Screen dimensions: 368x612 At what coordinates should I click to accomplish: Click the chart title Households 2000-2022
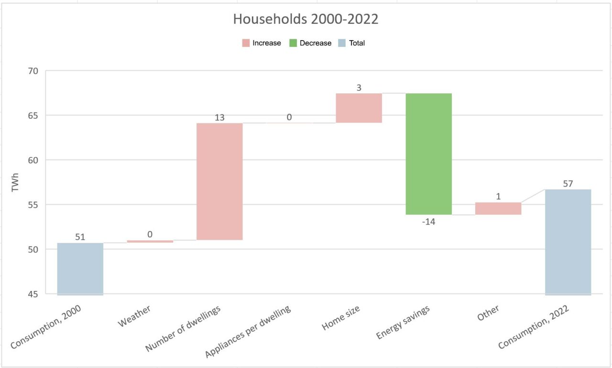pyautogui.click(x=306, y=19)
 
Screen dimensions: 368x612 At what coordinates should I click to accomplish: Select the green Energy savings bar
pyautogui.click(x=428, y=154)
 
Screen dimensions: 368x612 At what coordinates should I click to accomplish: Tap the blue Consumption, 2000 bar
pyautogui.click(x=80, y=268)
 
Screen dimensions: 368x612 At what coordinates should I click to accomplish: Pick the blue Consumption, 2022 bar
pyautogui.click(x=568, y=242)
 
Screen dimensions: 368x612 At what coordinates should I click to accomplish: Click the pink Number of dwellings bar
pyautogui.click(x=219, y=181)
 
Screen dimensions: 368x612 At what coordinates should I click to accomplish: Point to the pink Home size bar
pyautogui.click(x=359, y=108)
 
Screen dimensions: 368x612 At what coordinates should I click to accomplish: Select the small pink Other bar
pyautogui.click(x=498, y=208)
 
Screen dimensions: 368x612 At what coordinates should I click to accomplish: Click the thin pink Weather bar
pyautogui.click(x=150, y=241)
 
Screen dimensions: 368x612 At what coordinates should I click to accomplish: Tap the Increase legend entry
pyautogui.click(x=262, y=43)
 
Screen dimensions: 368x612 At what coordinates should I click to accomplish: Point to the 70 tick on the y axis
pyautogui.click(x=33, y=71)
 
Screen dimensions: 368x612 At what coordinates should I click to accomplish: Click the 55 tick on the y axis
pyautogui.click(x=33, y=205)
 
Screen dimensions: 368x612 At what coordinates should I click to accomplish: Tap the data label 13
pyautogui.click(x=219, y=117)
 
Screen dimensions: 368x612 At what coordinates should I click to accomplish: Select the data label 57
pyautogui.click(x=568, y=183)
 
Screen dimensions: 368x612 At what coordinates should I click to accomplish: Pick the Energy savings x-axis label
pyautogui.click(x=403, y=323)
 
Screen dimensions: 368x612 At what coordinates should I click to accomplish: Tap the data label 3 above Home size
pyautogui.click(x=359, y=88)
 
